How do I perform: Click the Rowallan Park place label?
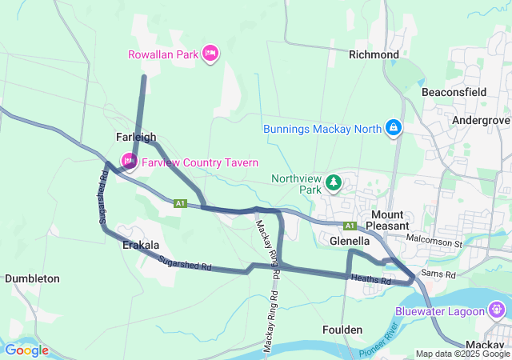[163, 54]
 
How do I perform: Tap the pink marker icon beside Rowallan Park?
[210, 54]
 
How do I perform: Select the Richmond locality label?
[374, 54]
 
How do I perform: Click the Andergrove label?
[481, 120]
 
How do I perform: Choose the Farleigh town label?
[136, 137]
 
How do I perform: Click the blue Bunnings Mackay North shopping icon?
[394, 127]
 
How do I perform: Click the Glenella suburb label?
[350, 240]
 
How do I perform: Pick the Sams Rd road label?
[438, 274]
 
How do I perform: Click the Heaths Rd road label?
[370, 280]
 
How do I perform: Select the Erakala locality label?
[141, 245]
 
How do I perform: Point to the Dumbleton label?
[32, 278]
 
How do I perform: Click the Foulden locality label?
[342, 330]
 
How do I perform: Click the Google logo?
[26, 350]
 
